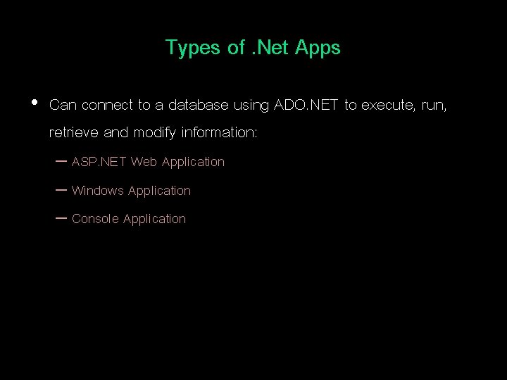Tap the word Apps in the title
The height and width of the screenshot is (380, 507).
(318, 48)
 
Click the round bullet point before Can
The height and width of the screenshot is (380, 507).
(35, 103)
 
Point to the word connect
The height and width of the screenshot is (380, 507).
(108, 106)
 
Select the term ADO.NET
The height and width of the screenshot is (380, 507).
(305, 106)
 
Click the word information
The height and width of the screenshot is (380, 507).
(220, 132)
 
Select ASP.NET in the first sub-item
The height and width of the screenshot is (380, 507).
(99, 162)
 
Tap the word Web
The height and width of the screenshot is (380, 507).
(144, 162)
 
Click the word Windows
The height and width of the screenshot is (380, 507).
(98, 191)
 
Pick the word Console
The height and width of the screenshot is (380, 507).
(96, 219)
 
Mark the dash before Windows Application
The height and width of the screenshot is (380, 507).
(60, 190)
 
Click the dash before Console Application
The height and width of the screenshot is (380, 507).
(60, 218)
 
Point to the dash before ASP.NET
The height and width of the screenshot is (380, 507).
(60, 161)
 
